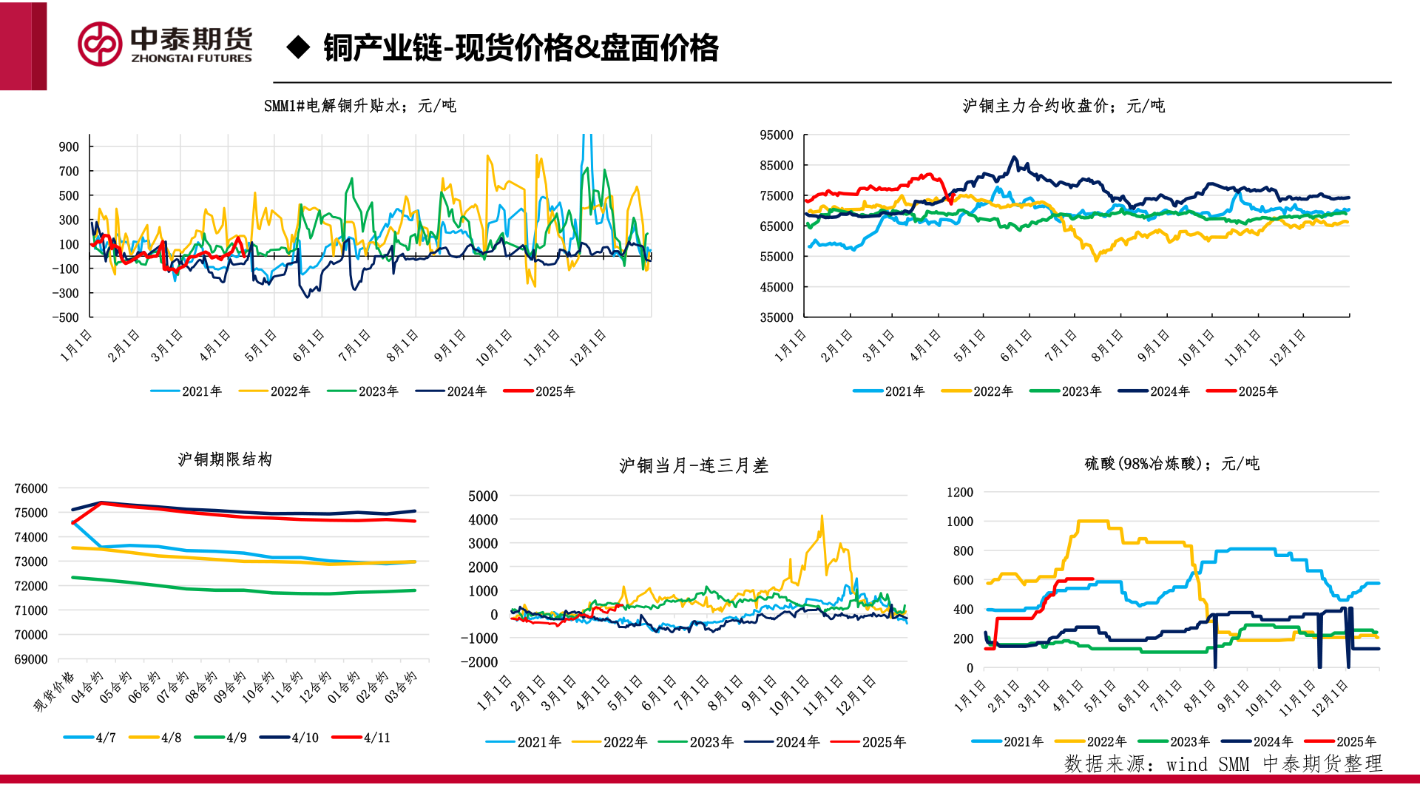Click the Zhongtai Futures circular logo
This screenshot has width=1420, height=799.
point(100,44)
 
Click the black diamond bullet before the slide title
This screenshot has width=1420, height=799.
point(298,47)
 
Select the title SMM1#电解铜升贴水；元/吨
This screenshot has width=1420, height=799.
point(359,106)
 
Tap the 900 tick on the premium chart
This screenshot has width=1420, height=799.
point(69,146)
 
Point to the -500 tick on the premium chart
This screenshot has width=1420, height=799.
point(66,317)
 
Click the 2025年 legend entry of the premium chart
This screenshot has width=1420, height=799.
point(539,391)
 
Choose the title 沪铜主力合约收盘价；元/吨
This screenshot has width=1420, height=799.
point(1064,106)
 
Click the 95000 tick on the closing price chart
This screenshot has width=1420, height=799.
point(777,135)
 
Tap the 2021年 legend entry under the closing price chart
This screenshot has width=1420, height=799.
point(889,391)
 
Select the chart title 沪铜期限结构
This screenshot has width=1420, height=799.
point(225,459)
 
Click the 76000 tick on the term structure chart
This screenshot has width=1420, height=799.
point(31,488)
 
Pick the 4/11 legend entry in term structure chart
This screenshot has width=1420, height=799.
point(362,738)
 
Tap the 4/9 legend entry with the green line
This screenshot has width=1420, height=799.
point(222,738)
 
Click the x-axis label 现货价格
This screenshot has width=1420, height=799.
point(55,692)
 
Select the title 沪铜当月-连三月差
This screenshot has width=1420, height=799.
point(694,465)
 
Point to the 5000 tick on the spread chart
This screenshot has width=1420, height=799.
point(483,496)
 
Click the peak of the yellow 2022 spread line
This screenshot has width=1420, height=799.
point(822,517)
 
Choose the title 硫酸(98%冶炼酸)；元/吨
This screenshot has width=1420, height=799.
point(1172,463)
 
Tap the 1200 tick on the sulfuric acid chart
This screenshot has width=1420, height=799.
point(960,492)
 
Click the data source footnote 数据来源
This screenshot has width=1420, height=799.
point(1223,763)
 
